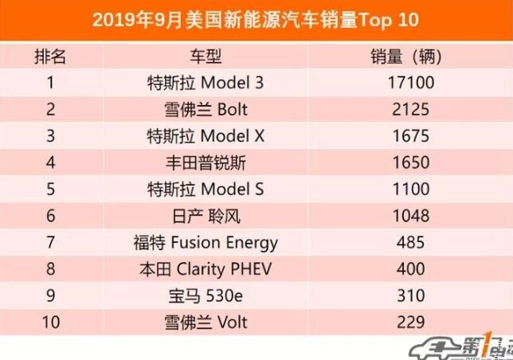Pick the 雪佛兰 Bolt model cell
tap(206, 109)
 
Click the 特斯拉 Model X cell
tap(206, 136)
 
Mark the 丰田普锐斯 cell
tap(206, 162)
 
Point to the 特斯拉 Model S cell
tap(206, 190)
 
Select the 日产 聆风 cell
tap(206, 216)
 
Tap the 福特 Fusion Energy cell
tap(206, 242)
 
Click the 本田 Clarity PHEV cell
tap(206, 269)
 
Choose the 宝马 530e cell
tap(206, 295)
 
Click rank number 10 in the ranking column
tap(50, 322)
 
